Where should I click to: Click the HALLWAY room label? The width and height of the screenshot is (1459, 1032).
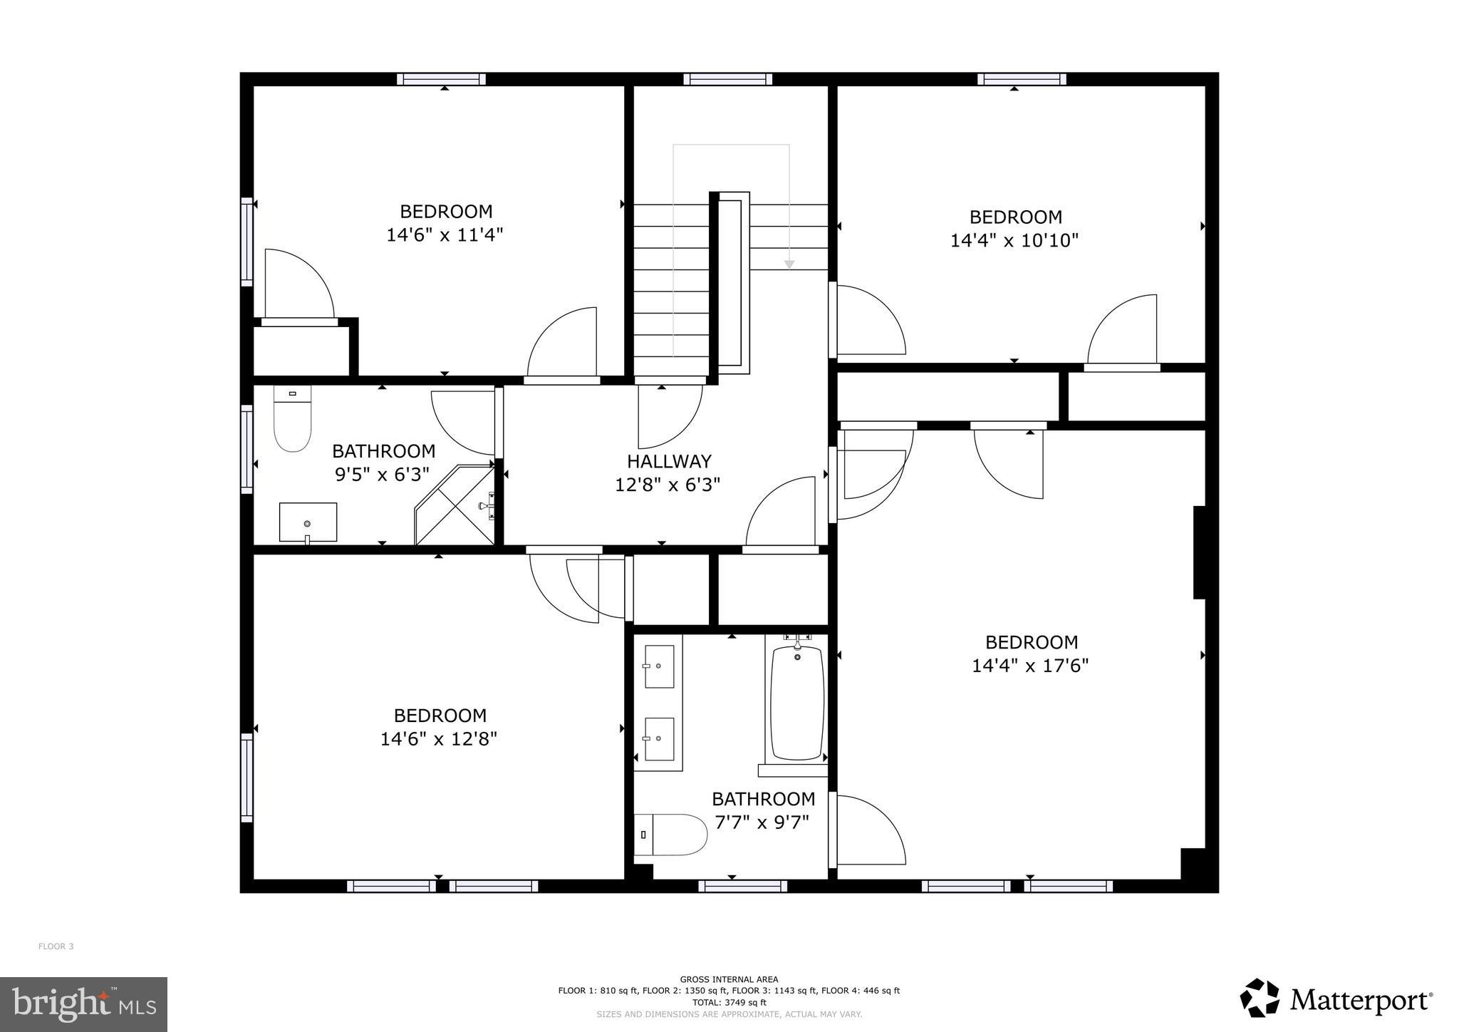(669, 461)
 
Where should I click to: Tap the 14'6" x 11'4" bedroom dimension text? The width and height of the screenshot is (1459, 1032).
(445, 235)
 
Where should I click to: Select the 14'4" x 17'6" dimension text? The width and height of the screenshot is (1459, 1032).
(1030, 666)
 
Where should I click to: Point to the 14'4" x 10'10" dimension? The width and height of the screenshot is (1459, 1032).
(1014, 240)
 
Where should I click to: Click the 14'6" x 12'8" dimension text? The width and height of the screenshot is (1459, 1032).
(438, 738)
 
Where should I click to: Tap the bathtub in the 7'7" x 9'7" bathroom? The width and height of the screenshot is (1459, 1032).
(797, 702)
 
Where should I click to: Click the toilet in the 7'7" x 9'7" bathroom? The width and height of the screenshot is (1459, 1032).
(670, 835)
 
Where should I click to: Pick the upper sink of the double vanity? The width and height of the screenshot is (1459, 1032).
(659, 666)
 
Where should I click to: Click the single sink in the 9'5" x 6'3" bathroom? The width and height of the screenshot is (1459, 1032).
(308, 522)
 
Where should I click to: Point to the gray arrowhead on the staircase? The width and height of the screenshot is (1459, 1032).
(789, 264)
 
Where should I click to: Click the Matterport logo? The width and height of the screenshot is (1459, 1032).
(1336, 1000)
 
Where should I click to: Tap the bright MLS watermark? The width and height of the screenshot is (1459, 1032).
(83, 1004)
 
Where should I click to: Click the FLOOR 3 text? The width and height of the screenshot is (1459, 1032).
(56, 946)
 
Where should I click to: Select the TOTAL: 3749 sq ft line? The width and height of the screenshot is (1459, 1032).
(729, 1002)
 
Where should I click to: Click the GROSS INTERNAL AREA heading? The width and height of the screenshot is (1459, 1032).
(729, 979)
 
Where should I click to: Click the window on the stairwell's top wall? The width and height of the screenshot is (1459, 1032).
(727, 79)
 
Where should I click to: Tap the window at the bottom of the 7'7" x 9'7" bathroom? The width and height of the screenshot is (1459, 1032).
(742, 886)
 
